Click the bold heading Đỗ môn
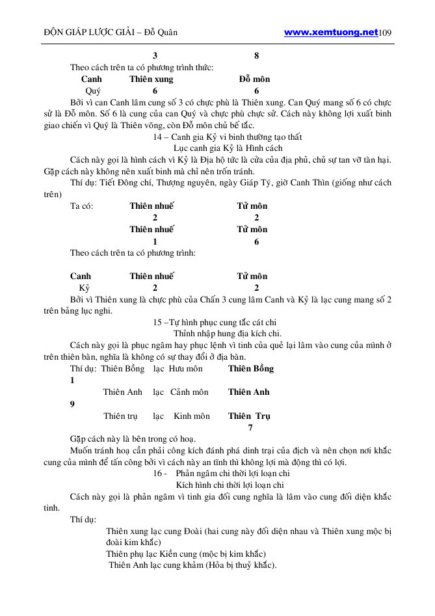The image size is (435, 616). pos(254,79)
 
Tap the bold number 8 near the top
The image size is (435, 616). pos(257,56)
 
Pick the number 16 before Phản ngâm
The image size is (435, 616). pos(158,474)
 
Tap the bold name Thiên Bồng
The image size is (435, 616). pos(251,369)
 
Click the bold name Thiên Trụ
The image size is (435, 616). pos(249,416)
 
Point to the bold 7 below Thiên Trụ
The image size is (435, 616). pos(251,427)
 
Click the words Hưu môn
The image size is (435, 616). pos(185,369)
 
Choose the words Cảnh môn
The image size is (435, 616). pos(189,392)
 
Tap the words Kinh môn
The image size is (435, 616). pos(192,416)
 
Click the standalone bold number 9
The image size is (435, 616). pos(72,404)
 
